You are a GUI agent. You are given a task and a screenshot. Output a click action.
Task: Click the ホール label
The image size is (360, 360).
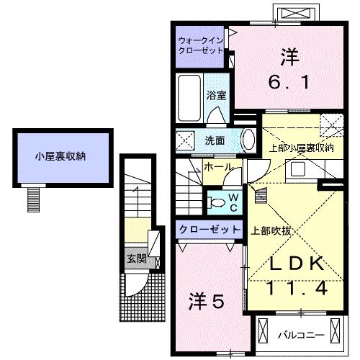click(x=218, y=167)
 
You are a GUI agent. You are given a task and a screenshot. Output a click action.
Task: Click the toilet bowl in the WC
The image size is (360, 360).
click(x=216, y=203)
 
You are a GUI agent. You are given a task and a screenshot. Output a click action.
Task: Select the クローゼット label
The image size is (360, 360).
click(x=210, y=228)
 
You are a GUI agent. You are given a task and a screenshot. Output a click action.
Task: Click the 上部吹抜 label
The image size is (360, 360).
click(x=270, y=231)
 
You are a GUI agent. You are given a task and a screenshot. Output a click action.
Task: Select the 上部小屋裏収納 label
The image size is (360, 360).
click(x=301, y=148)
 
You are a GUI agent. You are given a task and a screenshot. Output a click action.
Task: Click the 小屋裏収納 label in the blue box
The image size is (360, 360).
click(x=63, y=156)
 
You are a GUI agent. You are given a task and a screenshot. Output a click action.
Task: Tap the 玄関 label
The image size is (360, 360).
click(x=135, y=258)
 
